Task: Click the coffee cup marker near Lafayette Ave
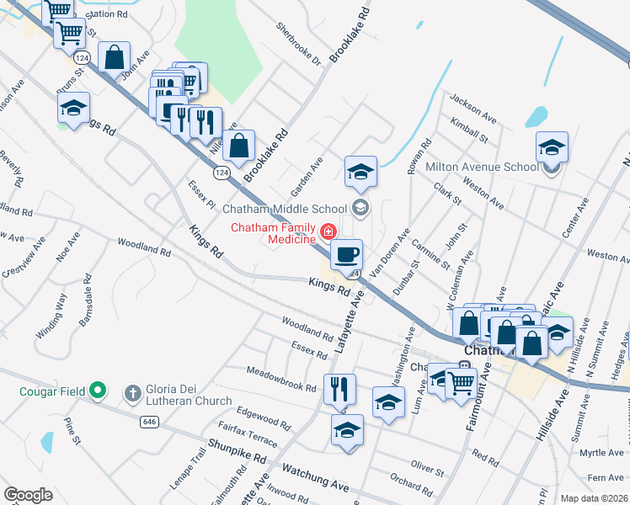tap(345, 253)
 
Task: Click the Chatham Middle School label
tap(285, 209)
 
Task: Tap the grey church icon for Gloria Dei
tap(132, 392)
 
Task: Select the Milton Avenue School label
tap(482, 167)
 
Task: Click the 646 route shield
tap(151, 421)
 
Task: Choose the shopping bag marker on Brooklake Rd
tap(239, 145)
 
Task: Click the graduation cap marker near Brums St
tap(74, 108)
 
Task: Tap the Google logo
tap(28, 495)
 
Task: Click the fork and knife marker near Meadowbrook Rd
tap(339, 389)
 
